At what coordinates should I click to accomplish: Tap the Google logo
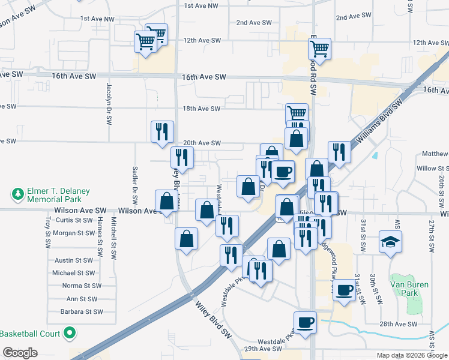point(20,353)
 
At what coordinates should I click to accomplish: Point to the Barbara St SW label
point(81,312)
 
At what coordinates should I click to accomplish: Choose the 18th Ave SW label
point(202,109)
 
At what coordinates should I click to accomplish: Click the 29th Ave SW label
point(252,349)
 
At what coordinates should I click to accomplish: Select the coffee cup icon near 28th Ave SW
point(305,322)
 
